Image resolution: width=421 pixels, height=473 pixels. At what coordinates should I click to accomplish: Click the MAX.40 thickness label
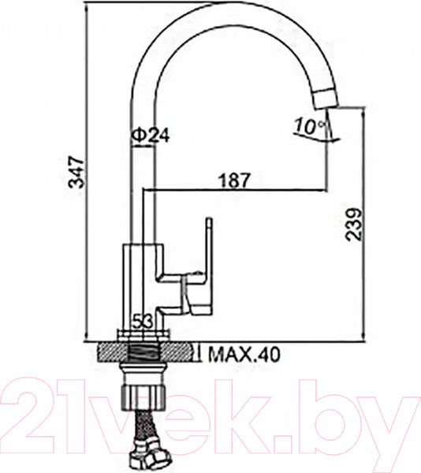click(x=246, y=354)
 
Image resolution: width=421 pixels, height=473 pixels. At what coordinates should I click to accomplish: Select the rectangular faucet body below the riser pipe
click(x=143, y=280)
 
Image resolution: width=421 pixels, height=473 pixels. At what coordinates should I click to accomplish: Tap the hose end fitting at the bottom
click(x=150, y=456)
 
